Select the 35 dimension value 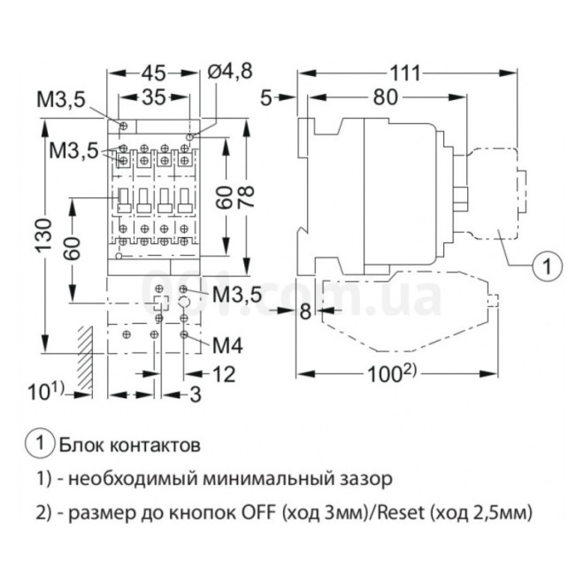(x=154, y=98)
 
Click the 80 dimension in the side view (x=385, y=98)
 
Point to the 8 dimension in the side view (x=305, y=311)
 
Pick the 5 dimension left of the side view (x=266, y=98)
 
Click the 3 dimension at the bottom (x=195, y=395)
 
